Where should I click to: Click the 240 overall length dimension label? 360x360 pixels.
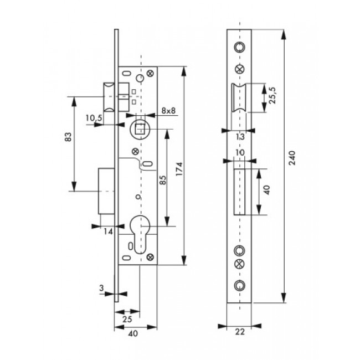coord(292,158)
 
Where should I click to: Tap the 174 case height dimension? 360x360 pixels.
coord(179,169)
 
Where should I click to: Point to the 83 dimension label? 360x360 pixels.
coord(69,137)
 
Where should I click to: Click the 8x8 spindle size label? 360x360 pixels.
coord(168,111)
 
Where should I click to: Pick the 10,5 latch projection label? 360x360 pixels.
coord(94,118)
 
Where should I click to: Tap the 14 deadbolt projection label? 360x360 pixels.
coord(108,232)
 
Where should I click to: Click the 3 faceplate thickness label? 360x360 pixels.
coord(101,288)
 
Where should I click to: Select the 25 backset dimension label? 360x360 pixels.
coord(127,319)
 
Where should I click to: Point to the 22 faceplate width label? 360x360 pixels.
coord(240,332)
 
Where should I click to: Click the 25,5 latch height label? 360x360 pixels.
coord(274,95)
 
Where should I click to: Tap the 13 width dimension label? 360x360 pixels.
coord(240,137)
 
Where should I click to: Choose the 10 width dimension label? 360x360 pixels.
coord(240,153)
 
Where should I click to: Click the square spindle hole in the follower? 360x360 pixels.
coord(140,129)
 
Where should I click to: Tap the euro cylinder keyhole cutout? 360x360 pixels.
coord(140,234)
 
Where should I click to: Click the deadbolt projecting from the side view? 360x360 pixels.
coord(106,191)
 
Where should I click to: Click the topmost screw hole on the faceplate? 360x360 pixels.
coord(239,47)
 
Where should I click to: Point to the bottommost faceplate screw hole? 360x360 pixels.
coord(239,285)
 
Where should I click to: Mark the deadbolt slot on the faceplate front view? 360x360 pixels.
coord(239,192)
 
